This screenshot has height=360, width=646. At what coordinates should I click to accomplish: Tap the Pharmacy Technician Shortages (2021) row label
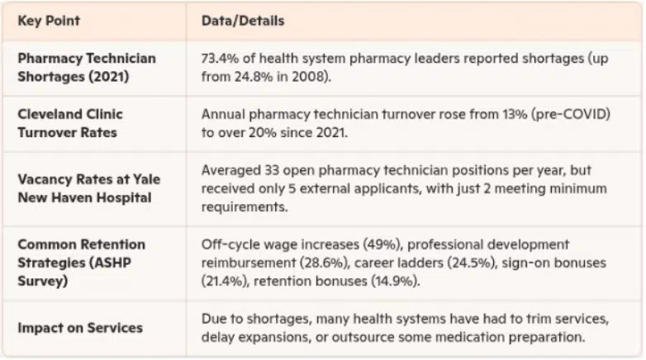pyautogui.click(x=86, y=66)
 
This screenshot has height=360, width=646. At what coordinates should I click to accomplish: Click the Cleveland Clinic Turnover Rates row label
pyautogui.click(x=70, y=121)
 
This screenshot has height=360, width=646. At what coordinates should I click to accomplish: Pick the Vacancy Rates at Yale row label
pyautogui.click(x=88, y=188)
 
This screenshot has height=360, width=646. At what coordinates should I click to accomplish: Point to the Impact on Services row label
pyautogui.click(x=79, y=327)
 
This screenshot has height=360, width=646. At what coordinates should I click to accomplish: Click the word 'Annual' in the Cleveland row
pyautogui.click(x=222, y=114)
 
